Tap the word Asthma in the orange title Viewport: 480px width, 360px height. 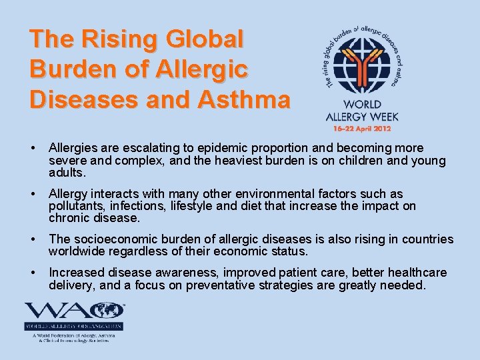coord(244,99)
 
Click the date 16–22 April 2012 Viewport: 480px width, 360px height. coord(358,127)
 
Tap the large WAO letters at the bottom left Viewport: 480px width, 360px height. coord(73,311)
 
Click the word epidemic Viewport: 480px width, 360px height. coord(231,148)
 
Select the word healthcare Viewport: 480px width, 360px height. coord(413,273)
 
